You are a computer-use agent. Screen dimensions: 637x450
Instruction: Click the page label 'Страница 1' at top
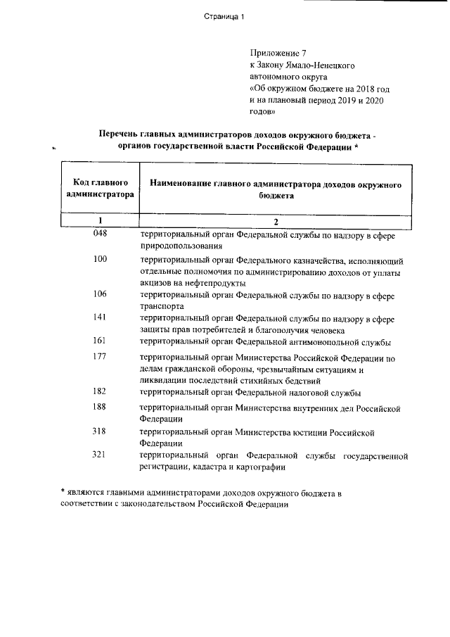224,18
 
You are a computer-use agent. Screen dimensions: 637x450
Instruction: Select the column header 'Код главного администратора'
99,188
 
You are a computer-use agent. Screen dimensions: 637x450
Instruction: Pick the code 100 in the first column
100,260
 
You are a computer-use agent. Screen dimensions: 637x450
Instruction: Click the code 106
100,294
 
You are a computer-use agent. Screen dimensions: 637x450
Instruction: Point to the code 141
100,317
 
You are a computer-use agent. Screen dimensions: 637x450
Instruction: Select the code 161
100,341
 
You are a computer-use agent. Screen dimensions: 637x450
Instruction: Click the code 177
100,357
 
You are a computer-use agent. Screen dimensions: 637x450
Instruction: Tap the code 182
100,391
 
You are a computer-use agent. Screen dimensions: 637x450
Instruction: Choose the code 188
100,407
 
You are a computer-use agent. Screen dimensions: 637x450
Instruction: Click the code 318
100,431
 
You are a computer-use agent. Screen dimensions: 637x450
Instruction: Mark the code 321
100,455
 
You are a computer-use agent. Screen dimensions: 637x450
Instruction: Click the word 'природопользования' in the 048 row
181,246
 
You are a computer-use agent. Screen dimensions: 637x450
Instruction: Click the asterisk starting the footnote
62,492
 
